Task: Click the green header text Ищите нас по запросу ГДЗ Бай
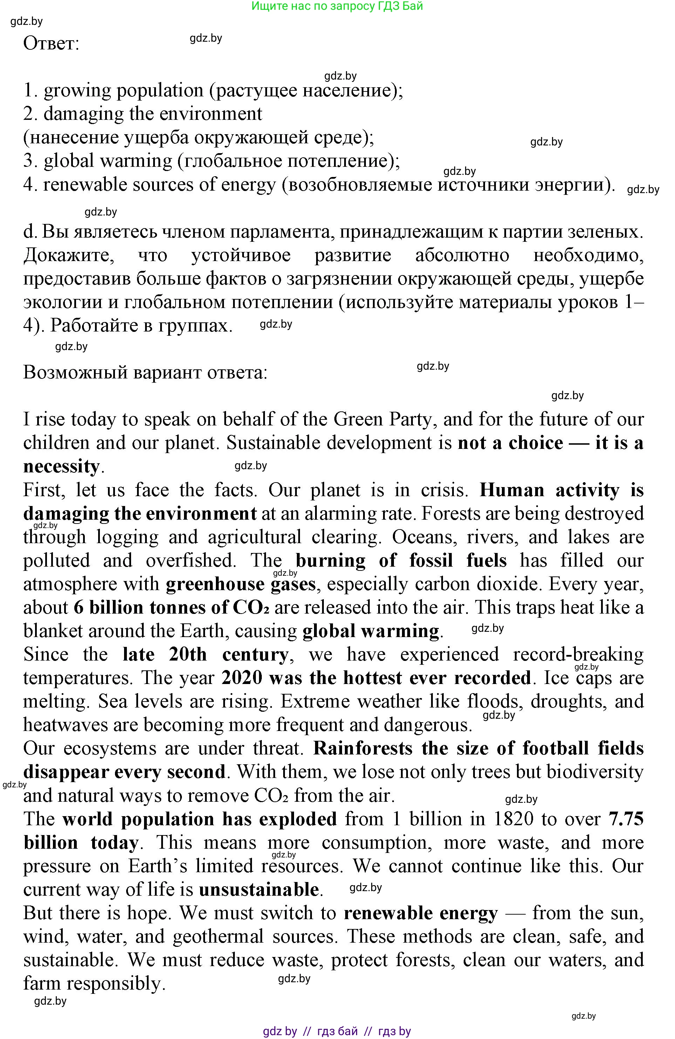[x=337, y=6]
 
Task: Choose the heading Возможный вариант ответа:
[x=145, y=373]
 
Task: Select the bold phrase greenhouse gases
[x=240, y=584]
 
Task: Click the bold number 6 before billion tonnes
[x=79, y=608]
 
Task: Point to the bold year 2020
[x=242, y=678]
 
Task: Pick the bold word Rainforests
[x=363, y=748]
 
